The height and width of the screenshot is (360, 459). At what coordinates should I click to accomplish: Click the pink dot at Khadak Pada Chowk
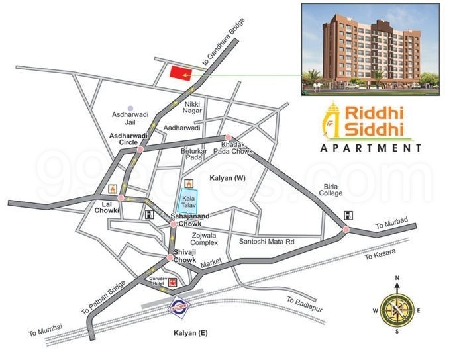[229, 138]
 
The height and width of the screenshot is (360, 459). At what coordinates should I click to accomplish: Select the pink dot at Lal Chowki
[121, 197]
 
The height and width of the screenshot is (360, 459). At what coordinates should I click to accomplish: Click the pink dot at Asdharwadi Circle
[140, 150]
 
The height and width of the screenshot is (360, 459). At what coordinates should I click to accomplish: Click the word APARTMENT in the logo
[370, 148]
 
